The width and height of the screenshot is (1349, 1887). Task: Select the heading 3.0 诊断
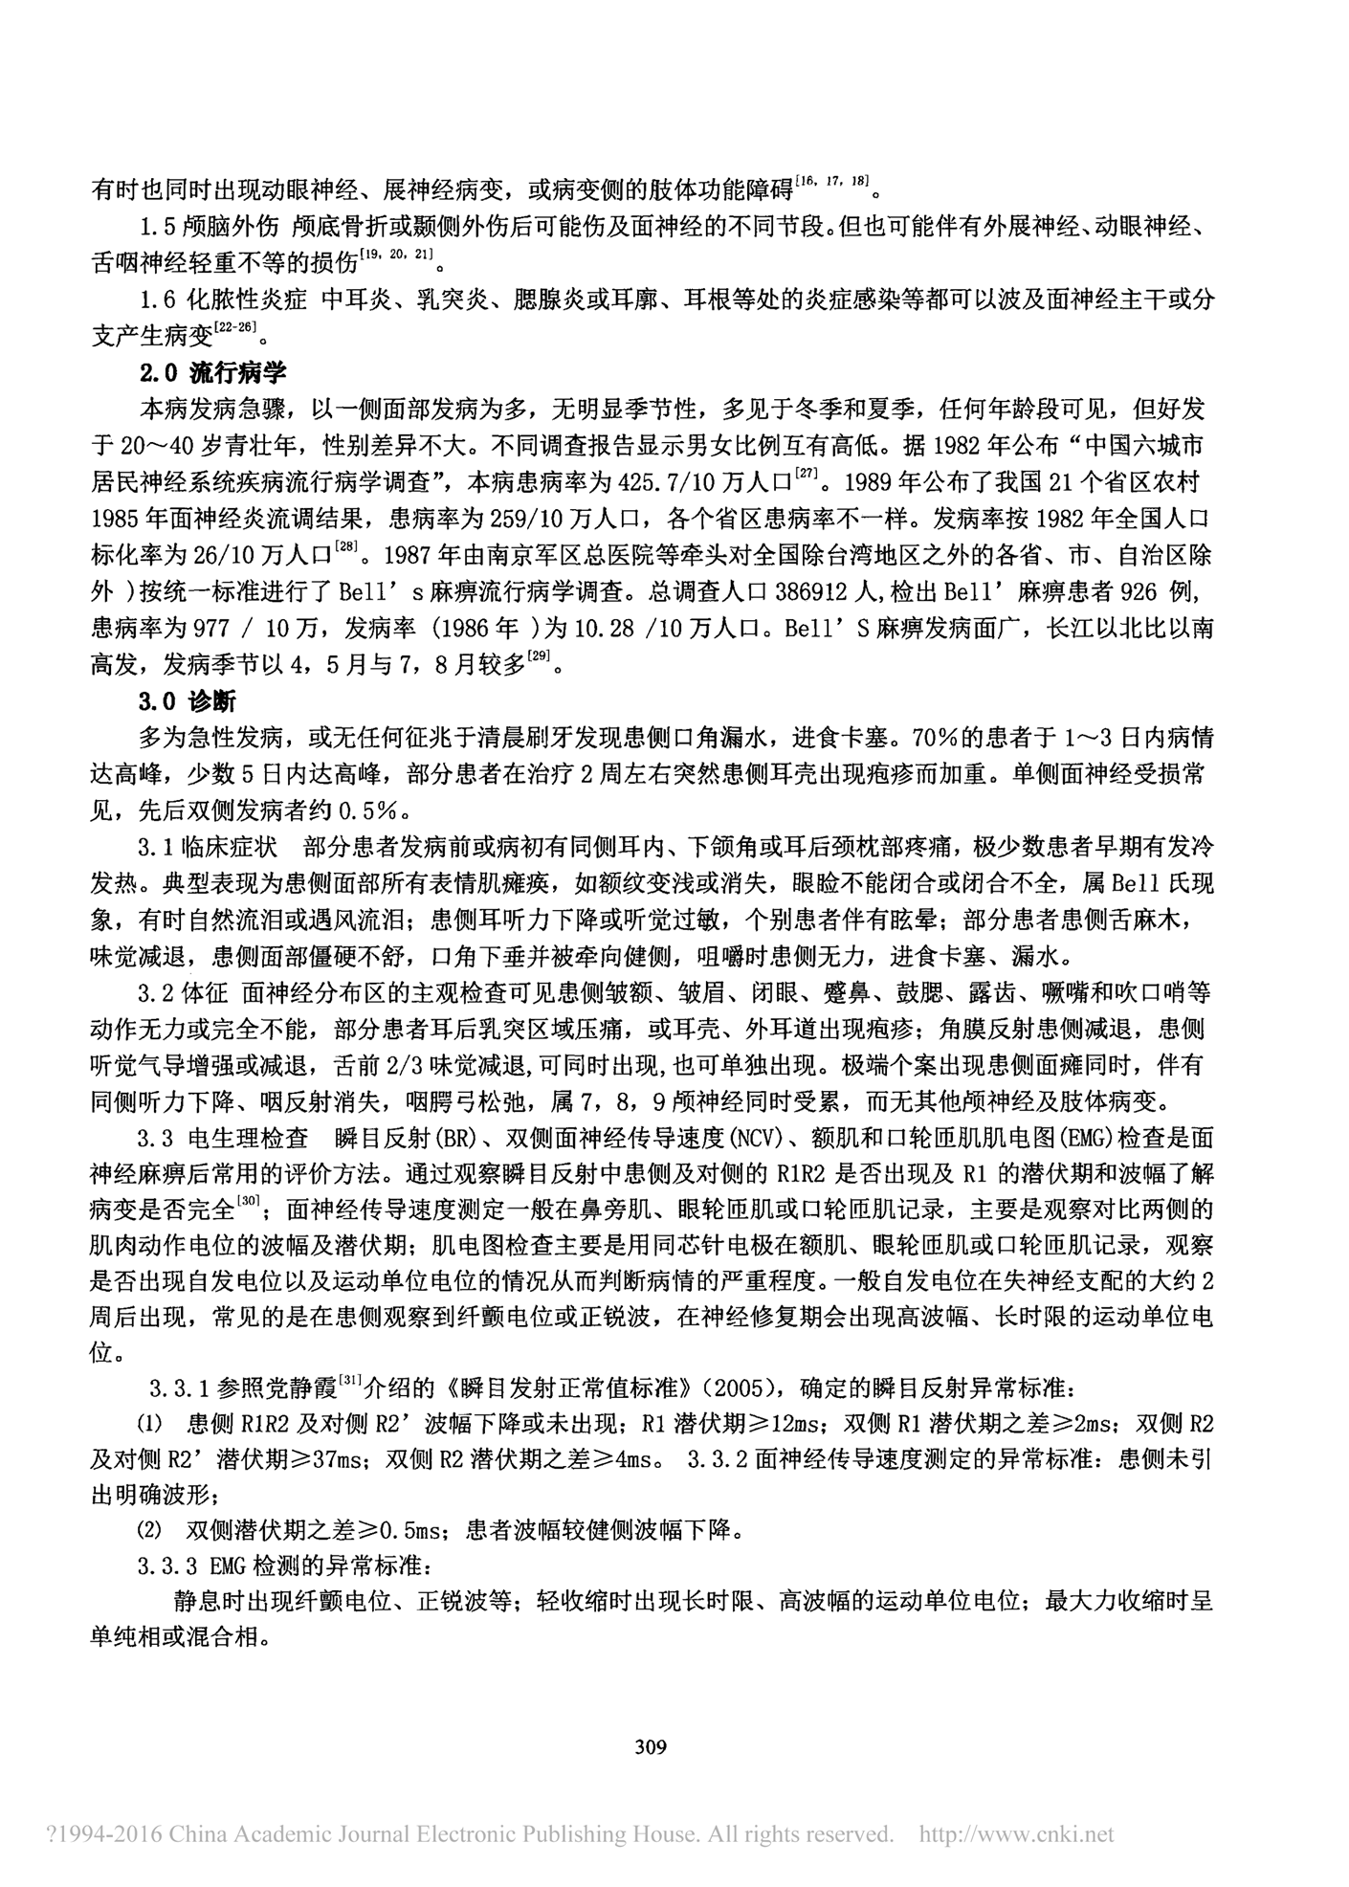coord(187,701)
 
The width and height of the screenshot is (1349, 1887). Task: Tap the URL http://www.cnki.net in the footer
coord(1016,1834)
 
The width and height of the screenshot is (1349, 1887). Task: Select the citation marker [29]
coord(541,657)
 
